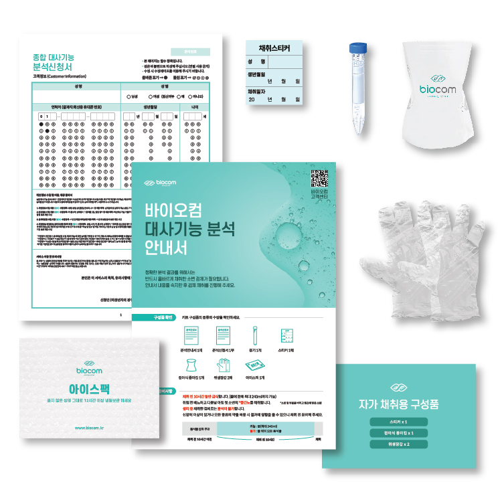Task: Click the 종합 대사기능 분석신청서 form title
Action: point(53,62)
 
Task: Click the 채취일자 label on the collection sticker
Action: point(258,90)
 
